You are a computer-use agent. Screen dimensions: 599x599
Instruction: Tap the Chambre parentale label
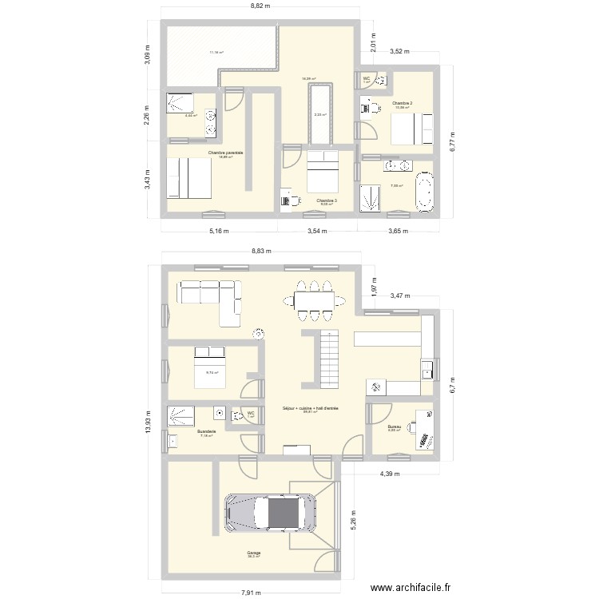(x=225, y=152)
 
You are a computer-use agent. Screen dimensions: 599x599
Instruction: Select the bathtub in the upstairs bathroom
(x=423, y=195)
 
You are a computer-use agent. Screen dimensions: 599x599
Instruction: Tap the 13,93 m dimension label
(x=148, y=427)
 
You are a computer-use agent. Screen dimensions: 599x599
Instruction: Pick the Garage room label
(x=253, y=553)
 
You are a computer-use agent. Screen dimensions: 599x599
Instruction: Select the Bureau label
(x=394, y=426)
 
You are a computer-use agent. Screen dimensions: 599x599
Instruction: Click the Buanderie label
(x=206, y=432)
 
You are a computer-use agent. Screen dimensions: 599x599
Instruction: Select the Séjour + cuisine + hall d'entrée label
(x=310, y=408)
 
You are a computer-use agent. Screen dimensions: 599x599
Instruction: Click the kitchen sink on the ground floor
(x=429, y=370)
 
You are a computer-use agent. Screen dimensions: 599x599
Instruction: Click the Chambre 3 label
(x=325, y=200)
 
